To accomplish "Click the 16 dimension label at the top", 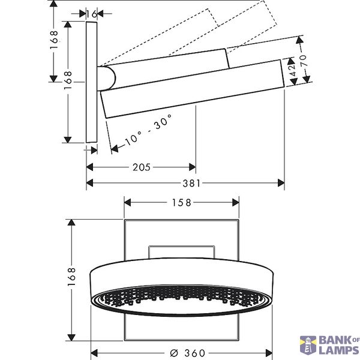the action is coord(92,14).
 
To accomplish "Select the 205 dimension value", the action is coord(142,167).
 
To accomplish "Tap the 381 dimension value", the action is coord(191,183).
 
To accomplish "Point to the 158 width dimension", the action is coord(182,203).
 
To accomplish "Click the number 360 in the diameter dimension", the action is coord(194,353).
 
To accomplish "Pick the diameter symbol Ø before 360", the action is coord(175,353).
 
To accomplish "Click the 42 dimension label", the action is coord(293,70).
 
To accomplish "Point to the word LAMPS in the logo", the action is coord(339,350).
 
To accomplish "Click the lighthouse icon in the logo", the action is coord(308,346).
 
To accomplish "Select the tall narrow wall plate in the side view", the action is coord(92,82).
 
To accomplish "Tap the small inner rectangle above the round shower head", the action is coord(182,252).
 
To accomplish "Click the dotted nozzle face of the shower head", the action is coord(181,298).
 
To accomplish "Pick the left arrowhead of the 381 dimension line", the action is coord(90,183).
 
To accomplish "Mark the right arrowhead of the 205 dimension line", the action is coord(193,167).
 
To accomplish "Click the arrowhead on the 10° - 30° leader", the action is coord(115,148).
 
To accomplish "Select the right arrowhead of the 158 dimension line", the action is coord(236,203).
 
